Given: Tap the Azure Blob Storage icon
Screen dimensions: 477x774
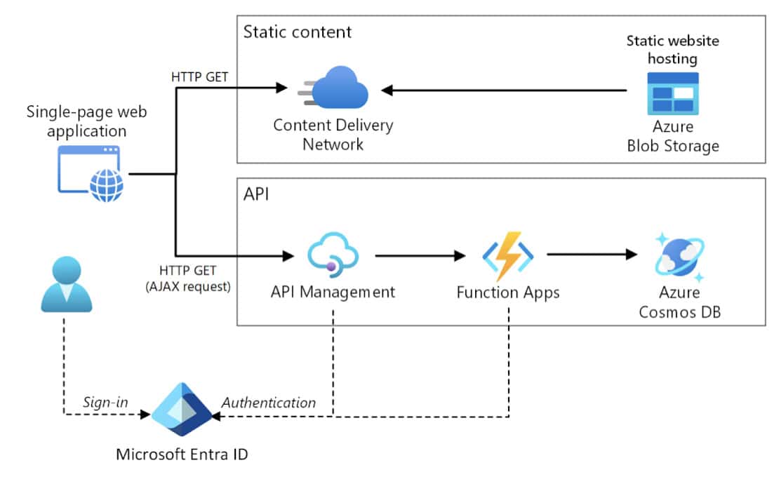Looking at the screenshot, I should tap(672, 93).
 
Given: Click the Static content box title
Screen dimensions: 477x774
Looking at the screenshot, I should tap(298, 32).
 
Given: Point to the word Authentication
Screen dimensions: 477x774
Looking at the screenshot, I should tap(269, 403).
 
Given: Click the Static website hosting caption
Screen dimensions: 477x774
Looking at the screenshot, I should tap(672, 50).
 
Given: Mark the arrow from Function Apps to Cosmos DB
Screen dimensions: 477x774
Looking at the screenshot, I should tap(593, 255).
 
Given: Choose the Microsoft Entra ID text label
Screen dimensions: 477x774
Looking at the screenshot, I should tap(182, 454).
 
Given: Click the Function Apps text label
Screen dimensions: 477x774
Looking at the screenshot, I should tap(508, 293).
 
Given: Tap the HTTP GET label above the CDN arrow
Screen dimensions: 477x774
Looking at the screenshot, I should tap(199, 77).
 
